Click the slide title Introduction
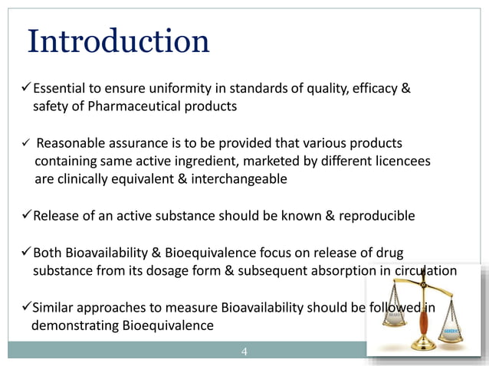tap(118, 41)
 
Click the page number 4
tap(244, 352)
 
